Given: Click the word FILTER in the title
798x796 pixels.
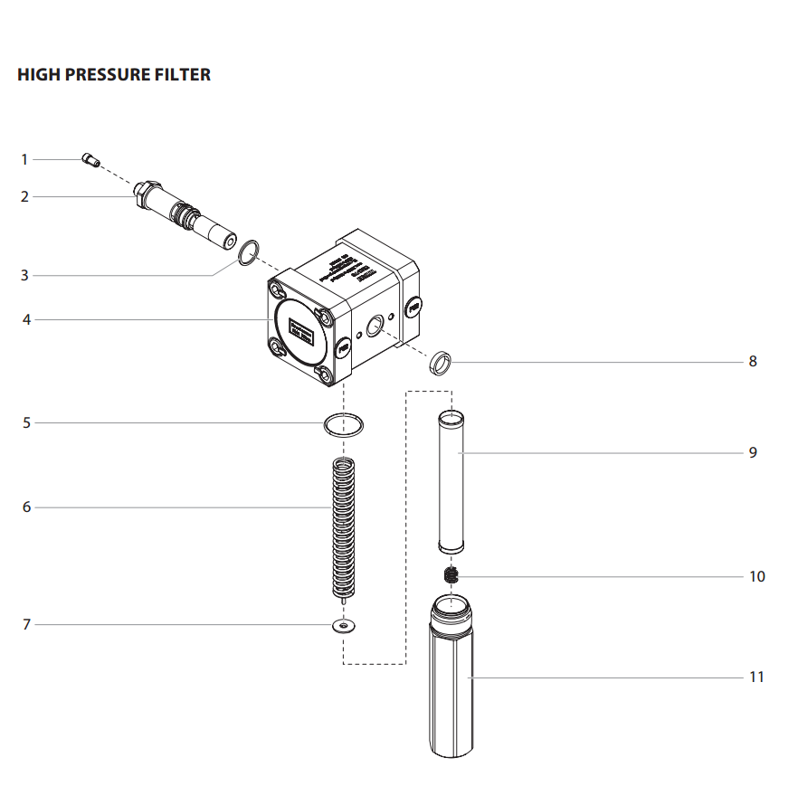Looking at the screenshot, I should click(x=183, y=75).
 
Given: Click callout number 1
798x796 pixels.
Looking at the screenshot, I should click(x=24, y=159).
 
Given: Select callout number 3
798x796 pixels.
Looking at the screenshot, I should click(x=24, y=275).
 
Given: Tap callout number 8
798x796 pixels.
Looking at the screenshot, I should click(x=752, y=362).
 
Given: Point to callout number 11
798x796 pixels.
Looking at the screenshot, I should click(x=756, y=677).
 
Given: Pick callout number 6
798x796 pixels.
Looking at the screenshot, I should click(x=26, y=507).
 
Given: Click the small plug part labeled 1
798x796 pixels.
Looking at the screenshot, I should click(x=90, y=160).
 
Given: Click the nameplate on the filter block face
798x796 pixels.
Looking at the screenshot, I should click(x=300, y=331).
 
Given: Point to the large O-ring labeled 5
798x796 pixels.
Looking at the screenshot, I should click(x=344, y=424).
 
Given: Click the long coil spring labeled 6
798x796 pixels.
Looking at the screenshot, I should click(x=344, y=525).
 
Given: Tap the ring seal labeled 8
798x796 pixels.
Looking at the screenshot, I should click(x=441, y=362).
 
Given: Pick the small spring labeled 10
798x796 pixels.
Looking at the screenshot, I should click(x=451, y=575).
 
